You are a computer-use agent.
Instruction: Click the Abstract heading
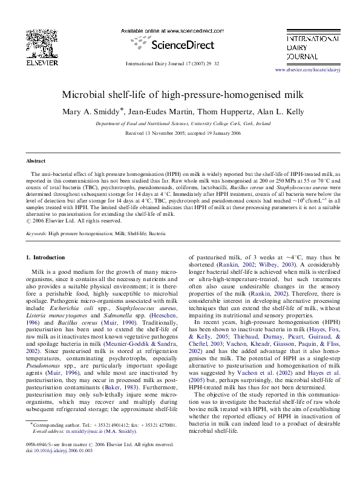point(36,161)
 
